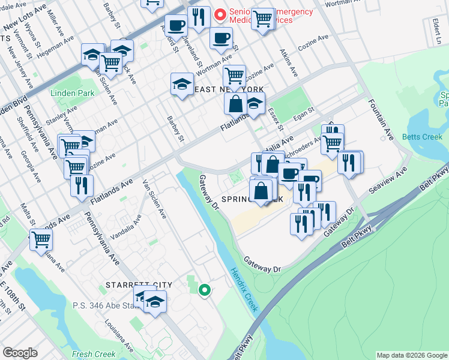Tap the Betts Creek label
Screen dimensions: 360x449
(x=422, y=137)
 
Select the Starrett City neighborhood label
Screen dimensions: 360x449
(x=139, y=285)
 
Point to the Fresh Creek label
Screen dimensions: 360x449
(x=89, y=354)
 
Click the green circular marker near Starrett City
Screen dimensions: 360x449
(x=205, y=290)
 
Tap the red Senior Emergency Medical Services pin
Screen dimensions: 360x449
(x=220, y=13)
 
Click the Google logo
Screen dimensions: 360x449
(x=19, y=353)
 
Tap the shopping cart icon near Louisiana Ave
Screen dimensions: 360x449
(x=41, y=239)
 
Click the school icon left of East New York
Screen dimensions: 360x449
(x=182, y=85)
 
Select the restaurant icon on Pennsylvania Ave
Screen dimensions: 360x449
(x=82, y=185)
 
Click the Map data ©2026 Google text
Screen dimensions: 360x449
(x=411, y=355)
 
